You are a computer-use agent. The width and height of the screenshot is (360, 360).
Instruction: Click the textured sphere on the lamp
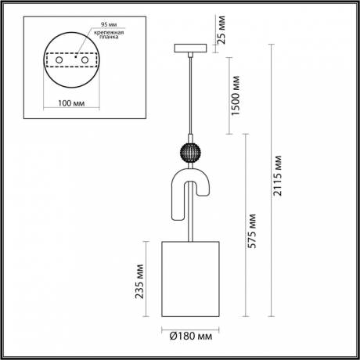(x=191, y=153)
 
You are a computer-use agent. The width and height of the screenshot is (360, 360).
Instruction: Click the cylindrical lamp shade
(x=191, y=279)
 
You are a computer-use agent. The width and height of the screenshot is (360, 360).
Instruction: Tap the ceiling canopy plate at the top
(x=191, y=48)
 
